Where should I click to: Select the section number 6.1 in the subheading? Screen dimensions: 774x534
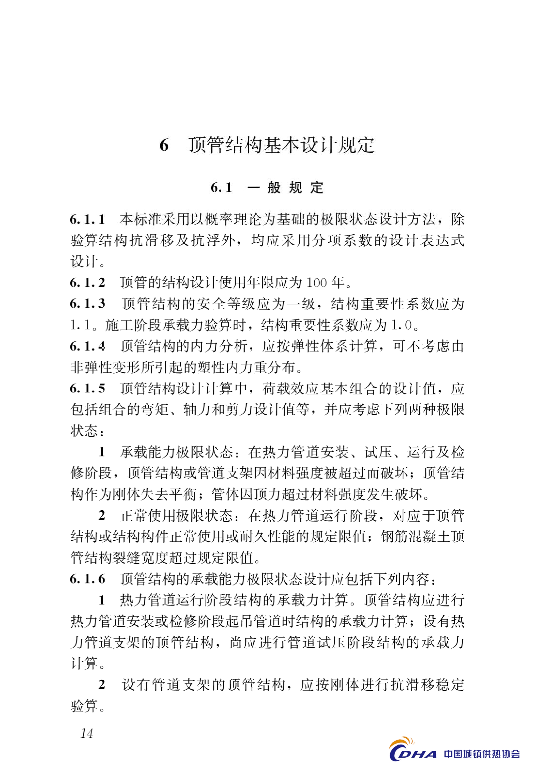[221, 188]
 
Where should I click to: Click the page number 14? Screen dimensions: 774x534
[87, 733]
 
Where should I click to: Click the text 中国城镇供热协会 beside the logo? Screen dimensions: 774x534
[482, 754]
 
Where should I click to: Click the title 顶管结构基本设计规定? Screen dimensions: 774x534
[282, 145]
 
